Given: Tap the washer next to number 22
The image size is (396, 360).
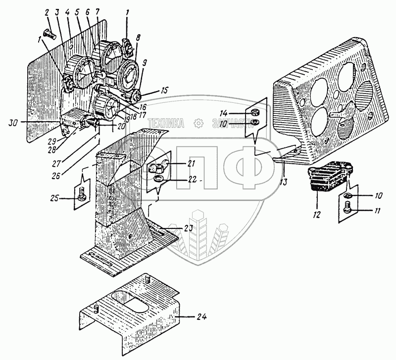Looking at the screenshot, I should [x=157, y=179].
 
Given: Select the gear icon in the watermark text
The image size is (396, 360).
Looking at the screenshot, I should [x=198, y=123].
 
